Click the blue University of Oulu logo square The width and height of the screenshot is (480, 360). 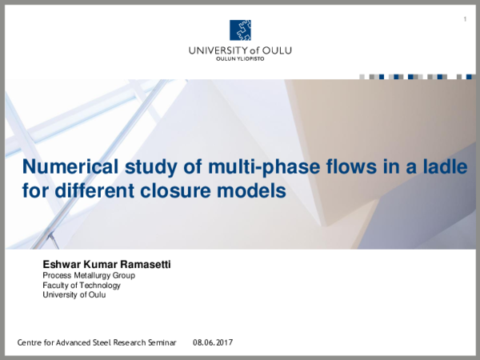(x=240, y=30)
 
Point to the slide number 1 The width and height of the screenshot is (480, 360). (x=465, y=18)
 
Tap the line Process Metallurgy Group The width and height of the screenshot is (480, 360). (x=88, y=275)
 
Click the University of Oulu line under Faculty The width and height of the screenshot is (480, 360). (x=74, y=294)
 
